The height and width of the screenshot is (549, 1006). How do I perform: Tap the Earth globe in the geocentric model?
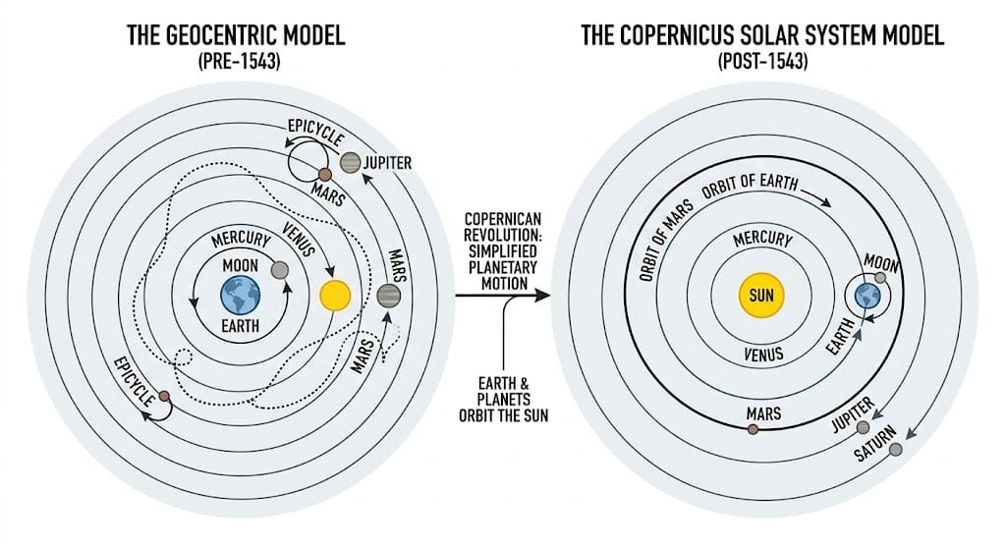240,294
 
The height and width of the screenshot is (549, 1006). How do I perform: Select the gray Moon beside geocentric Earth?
279,270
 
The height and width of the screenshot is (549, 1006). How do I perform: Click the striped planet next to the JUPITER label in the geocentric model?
351,163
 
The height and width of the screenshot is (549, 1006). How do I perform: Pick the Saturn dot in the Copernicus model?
895,450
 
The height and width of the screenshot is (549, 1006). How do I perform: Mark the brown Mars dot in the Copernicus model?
753,429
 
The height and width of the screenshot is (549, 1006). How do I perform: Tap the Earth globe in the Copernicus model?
866,296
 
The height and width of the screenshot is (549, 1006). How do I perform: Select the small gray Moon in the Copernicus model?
880,278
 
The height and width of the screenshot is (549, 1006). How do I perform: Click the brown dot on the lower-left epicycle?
164,397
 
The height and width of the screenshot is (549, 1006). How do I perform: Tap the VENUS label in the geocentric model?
297,235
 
